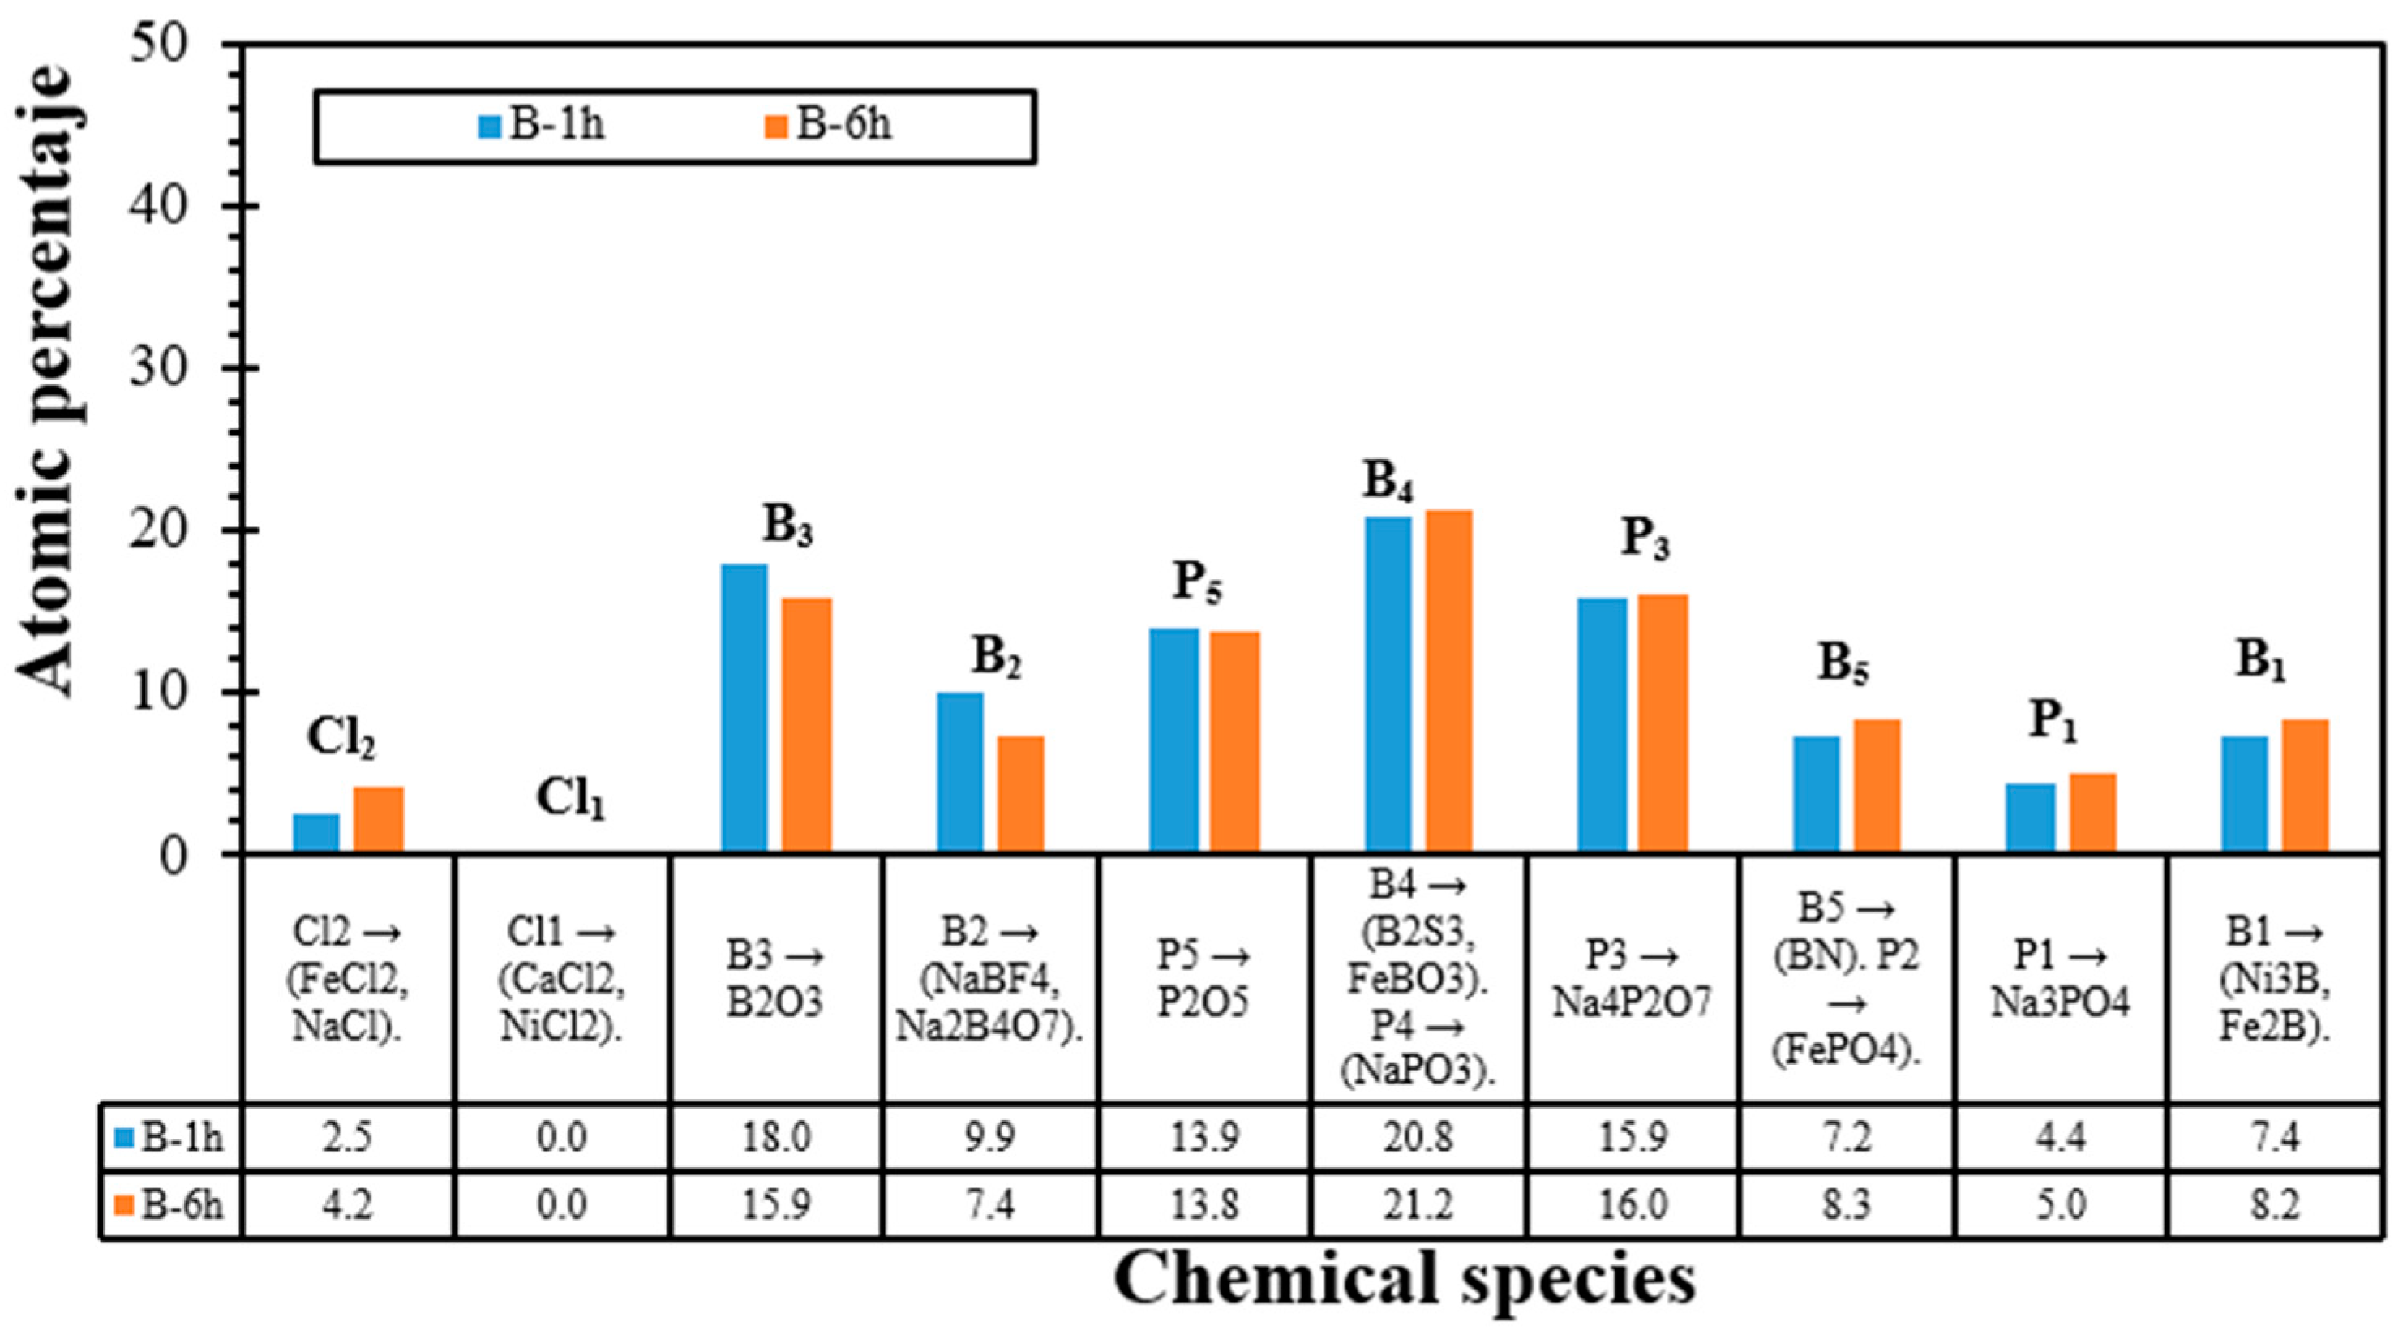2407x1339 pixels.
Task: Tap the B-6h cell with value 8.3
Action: pyautogui.click(x=1846, y=1204)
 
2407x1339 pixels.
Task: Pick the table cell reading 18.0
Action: pyautogui.click(x=774, y=1137)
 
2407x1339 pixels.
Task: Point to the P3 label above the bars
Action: pyautogui.click(x=1645, y=539)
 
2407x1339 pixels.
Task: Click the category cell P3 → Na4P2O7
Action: pyautogui.click(x=1632, y=978)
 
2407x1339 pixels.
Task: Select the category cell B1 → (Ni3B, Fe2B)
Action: pyautogui.click(x=2273, y=978)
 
